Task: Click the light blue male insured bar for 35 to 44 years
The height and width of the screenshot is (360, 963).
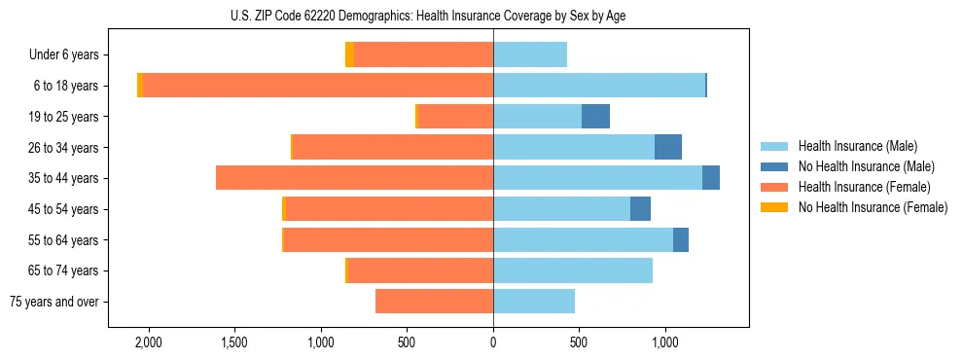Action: tap(597, 178)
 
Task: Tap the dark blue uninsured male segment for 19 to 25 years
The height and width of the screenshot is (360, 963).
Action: tap(595, 117)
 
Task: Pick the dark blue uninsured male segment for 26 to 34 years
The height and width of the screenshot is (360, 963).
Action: tap(667, 147)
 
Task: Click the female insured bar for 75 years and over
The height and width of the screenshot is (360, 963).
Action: tap(434, 302)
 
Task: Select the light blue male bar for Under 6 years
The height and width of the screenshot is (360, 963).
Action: tap(530, 54)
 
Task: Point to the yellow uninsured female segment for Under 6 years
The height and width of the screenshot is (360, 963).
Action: tap(349, 54)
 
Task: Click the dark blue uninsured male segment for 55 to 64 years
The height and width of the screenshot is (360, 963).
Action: tap(681, 239)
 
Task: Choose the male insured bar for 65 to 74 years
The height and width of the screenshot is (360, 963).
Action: tap(573, 270)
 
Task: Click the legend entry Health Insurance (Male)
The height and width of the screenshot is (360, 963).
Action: tap(857, 146)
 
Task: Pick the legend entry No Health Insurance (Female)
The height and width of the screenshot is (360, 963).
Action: tap(873, 207)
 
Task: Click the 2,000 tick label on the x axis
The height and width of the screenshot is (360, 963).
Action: tap(149, 342)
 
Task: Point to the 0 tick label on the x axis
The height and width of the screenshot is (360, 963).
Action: tap(493, 342)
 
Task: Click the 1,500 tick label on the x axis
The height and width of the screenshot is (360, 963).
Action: tap(234, 342)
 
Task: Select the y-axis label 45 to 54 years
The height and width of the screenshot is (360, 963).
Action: tap(57, 209)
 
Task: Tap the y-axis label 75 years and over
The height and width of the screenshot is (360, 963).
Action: tap(53, 302)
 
